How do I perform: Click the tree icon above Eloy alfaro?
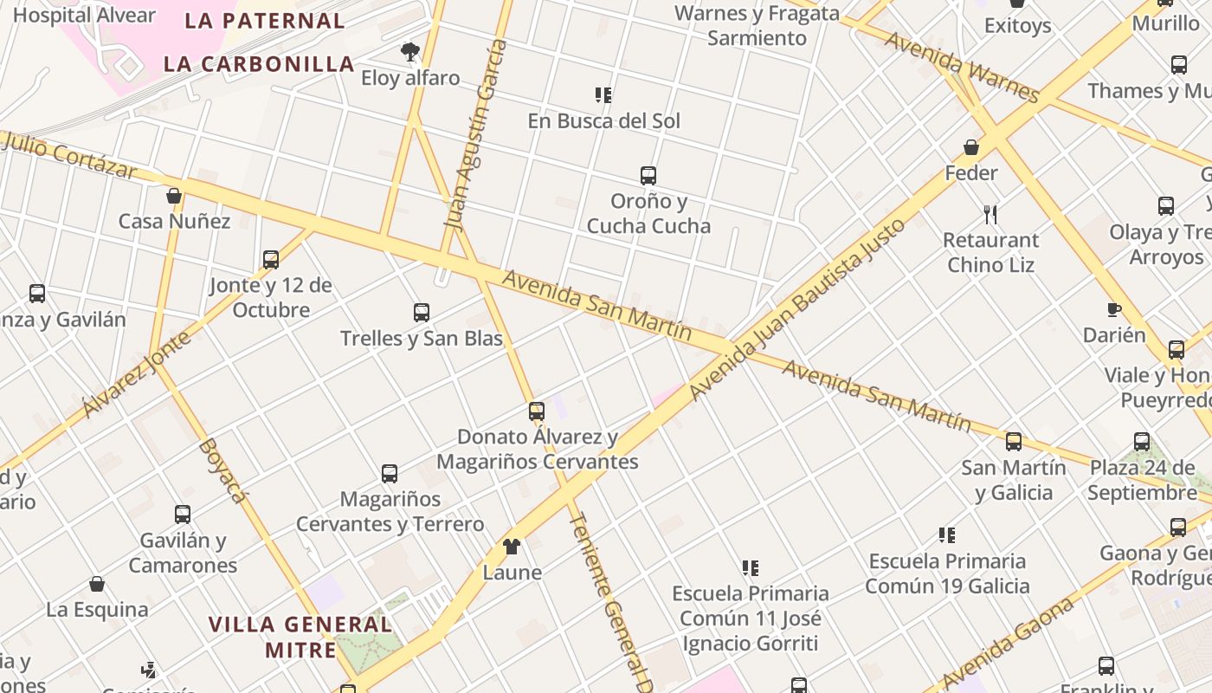coord(410,52)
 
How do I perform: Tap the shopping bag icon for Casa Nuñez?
coord(174,196)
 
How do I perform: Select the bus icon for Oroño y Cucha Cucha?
coord(648,176)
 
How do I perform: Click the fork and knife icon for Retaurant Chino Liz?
coord(991,214)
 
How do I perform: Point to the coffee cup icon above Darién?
coord(1114,309)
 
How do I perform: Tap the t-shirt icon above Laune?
coord(512,547)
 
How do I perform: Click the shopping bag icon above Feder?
coord(971,147)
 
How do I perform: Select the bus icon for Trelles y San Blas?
coord(422,313)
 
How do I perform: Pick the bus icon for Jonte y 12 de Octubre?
coord(271,260)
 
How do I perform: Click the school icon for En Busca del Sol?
coord(603,95)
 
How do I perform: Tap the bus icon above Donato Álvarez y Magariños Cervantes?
coord(537,411)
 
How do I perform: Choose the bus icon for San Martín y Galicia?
coord(1014,442)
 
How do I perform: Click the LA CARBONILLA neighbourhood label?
coord(259,63)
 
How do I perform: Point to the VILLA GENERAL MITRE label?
coord(300,637)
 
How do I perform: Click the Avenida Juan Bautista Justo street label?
coord(797,309)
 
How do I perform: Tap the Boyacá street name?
coord(222,470)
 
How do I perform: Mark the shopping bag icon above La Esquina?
coord(97,585)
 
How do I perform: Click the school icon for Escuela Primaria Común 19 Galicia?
coord(947,535)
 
